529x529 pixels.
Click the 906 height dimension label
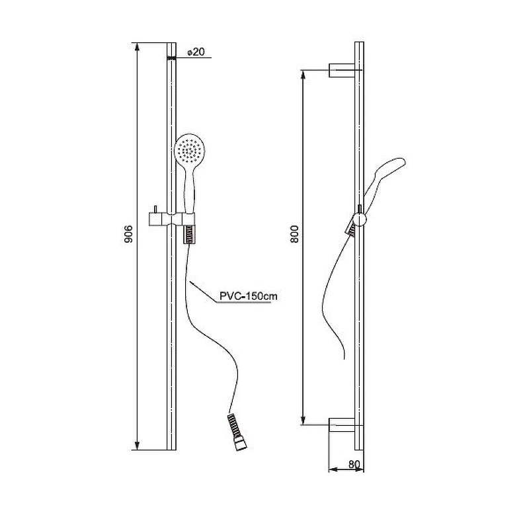pos(128,234)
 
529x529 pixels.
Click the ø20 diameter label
pos(196,52)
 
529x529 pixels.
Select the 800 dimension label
pos(294,234)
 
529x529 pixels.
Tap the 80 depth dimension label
pos(354,465)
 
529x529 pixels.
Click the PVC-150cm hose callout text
pos(249,296)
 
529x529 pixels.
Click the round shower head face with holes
pos(190,148)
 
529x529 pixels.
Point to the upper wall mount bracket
pos(342,70)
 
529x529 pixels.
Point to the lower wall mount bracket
pos(342,425)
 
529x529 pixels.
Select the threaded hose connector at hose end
pos(237,432)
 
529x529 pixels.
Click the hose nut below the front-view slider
pos(189,235)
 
